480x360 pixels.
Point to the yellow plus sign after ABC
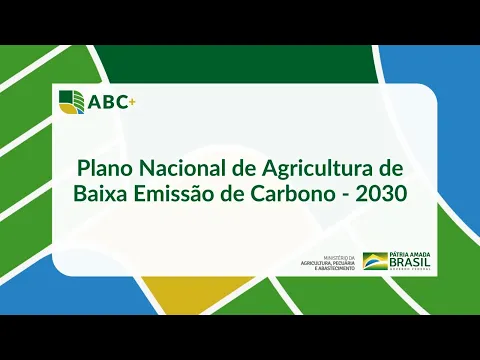click(x=128, y=97)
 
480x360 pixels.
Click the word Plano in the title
click(x=106, y=165)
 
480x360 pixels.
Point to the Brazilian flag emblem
click(x=375, y=261)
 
